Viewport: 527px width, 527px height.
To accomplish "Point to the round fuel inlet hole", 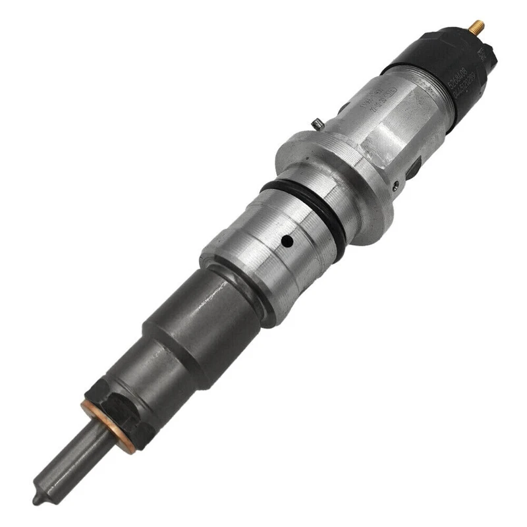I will (286, 241).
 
